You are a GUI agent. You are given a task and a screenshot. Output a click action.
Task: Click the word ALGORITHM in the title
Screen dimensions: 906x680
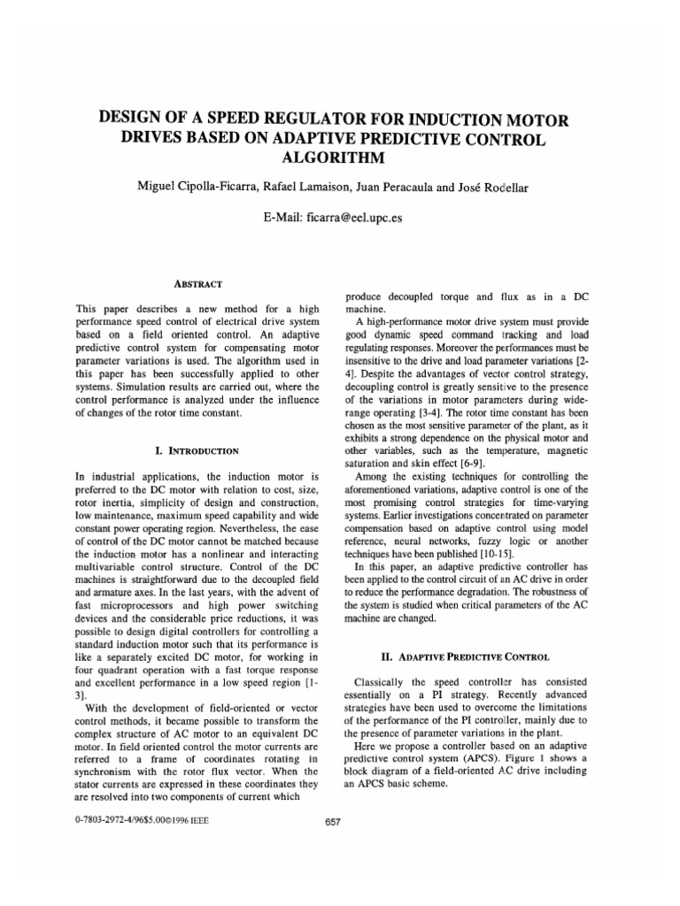(340, 157)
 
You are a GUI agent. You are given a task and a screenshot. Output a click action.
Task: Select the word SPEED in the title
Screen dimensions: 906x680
(246, 119)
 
